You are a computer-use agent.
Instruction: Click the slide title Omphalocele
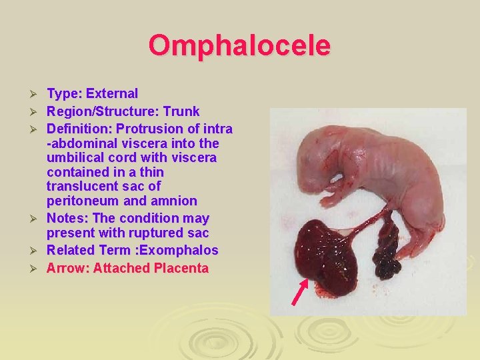239,46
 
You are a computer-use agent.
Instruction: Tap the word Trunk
181,111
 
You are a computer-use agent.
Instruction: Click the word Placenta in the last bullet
181,269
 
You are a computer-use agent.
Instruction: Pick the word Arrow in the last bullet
67,269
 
